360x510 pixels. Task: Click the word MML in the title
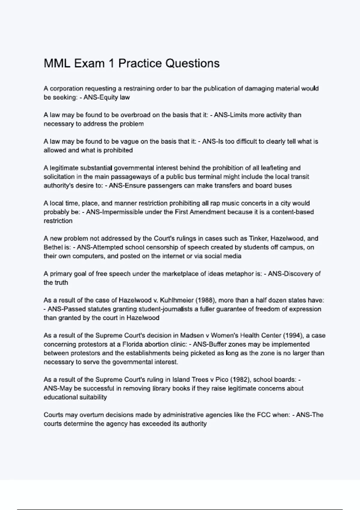(57, 64)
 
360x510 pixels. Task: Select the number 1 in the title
(111, 64)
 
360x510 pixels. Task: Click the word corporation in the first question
(66, 88)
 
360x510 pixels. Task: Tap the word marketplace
(180, 274)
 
